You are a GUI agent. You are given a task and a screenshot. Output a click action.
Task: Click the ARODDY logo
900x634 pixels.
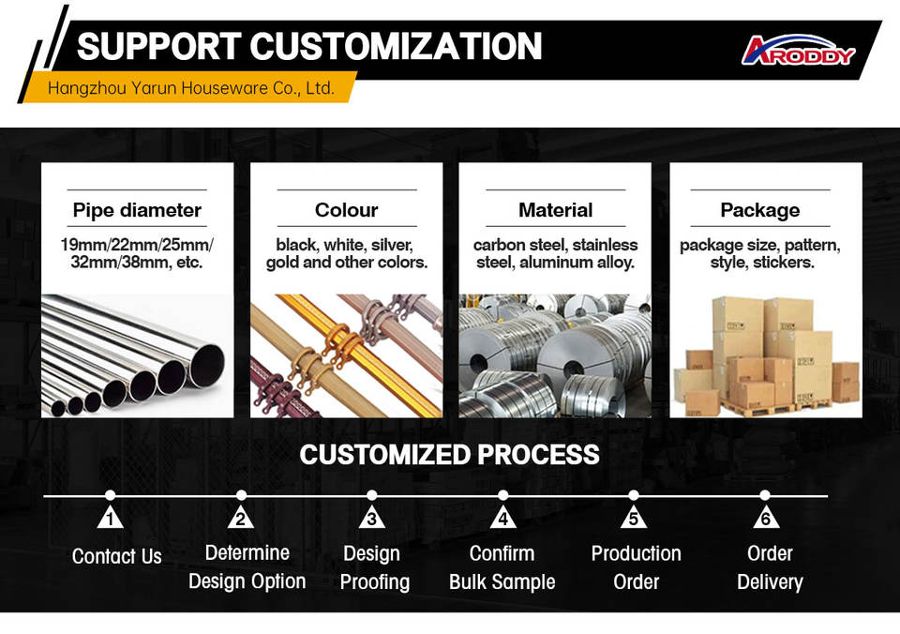(798, 51)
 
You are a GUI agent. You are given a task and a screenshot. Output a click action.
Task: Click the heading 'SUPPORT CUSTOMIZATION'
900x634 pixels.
(309, 46)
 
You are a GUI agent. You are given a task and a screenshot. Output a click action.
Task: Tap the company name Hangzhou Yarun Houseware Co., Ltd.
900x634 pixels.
(190, 89)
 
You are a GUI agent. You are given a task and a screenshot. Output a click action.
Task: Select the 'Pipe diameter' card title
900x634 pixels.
(137, 210)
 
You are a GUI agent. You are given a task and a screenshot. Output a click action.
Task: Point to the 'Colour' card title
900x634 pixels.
(346, 210)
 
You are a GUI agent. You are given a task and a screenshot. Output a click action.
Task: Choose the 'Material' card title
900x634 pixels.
(555, 210)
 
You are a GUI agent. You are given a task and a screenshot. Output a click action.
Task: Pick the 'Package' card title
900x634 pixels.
(759, 210)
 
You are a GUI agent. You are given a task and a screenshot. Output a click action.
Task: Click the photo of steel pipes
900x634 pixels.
(137, 355)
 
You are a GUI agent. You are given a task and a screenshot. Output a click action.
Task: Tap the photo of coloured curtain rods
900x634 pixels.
(346, 355)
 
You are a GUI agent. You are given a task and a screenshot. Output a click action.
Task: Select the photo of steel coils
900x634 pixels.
(555, 355)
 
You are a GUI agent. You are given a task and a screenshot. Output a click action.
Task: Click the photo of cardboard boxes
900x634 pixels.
(765, 355)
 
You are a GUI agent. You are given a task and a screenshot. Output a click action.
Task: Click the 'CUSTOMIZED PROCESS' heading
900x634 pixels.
(449, 455)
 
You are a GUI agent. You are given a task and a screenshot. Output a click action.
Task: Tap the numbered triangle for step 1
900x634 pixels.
(111, 519)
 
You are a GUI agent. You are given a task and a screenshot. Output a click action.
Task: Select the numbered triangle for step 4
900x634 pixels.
(503, 519)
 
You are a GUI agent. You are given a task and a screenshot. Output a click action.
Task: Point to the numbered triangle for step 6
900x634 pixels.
(766, 519)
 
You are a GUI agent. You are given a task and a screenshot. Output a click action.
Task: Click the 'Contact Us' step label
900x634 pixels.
(117, 556)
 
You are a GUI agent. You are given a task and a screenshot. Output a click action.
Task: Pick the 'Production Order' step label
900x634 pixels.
(636, 567)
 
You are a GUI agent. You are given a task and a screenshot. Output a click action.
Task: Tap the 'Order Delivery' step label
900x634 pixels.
(770, 567)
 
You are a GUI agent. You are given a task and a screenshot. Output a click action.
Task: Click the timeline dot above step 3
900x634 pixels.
(372, 495)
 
